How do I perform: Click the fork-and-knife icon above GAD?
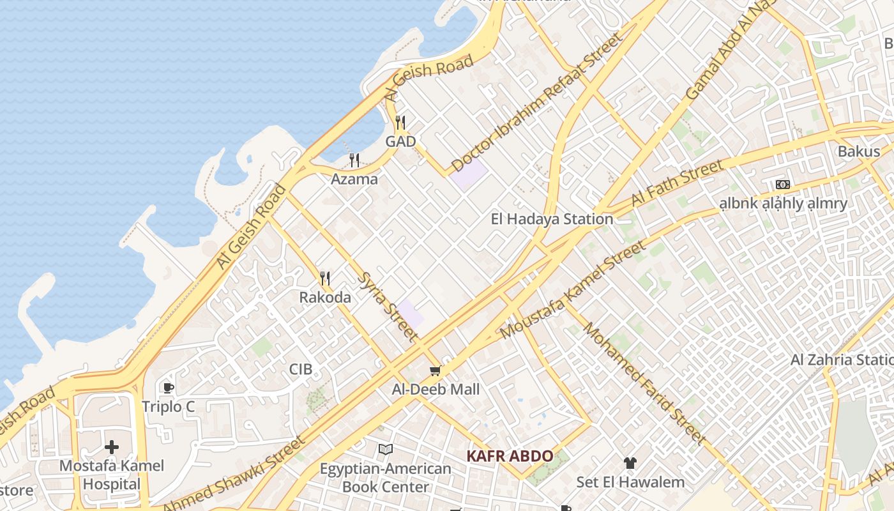pyautogui.click(x=400, y=122)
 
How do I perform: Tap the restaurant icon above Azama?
pyautogui.click(x=354, y=160)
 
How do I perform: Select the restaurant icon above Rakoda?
pyautogui.click(x=325, y=278)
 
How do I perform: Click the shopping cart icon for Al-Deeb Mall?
pyautogui.click(x=436, y=370)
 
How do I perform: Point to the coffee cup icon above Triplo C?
pyautogui.click(x=168, y=388)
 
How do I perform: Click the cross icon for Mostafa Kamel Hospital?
pyautogui.click(x=112, y=447)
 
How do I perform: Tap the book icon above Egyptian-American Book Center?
pyautogui.click(x=385, y=450)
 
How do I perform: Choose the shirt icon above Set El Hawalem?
pyautogui.click(x=630, y=463)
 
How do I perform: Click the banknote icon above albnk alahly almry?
pyautogui.click(x=783, y=185)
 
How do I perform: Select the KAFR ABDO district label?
pyautogui.click(x=510, y=456)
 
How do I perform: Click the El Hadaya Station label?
pyautogui.click(x=552, y=219)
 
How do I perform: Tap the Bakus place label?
pyautogui.click(x=858, y=152)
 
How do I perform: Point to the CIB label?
pyautogui.click(x=301, y=369)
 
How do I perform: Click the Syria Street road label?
pyautogui.click(x=390, y=307)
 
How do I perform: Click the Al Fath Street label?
pyautogui.click(x=678, y=183)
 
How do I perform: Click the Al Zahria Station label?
pyautogui.click(x=842, y=360)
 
